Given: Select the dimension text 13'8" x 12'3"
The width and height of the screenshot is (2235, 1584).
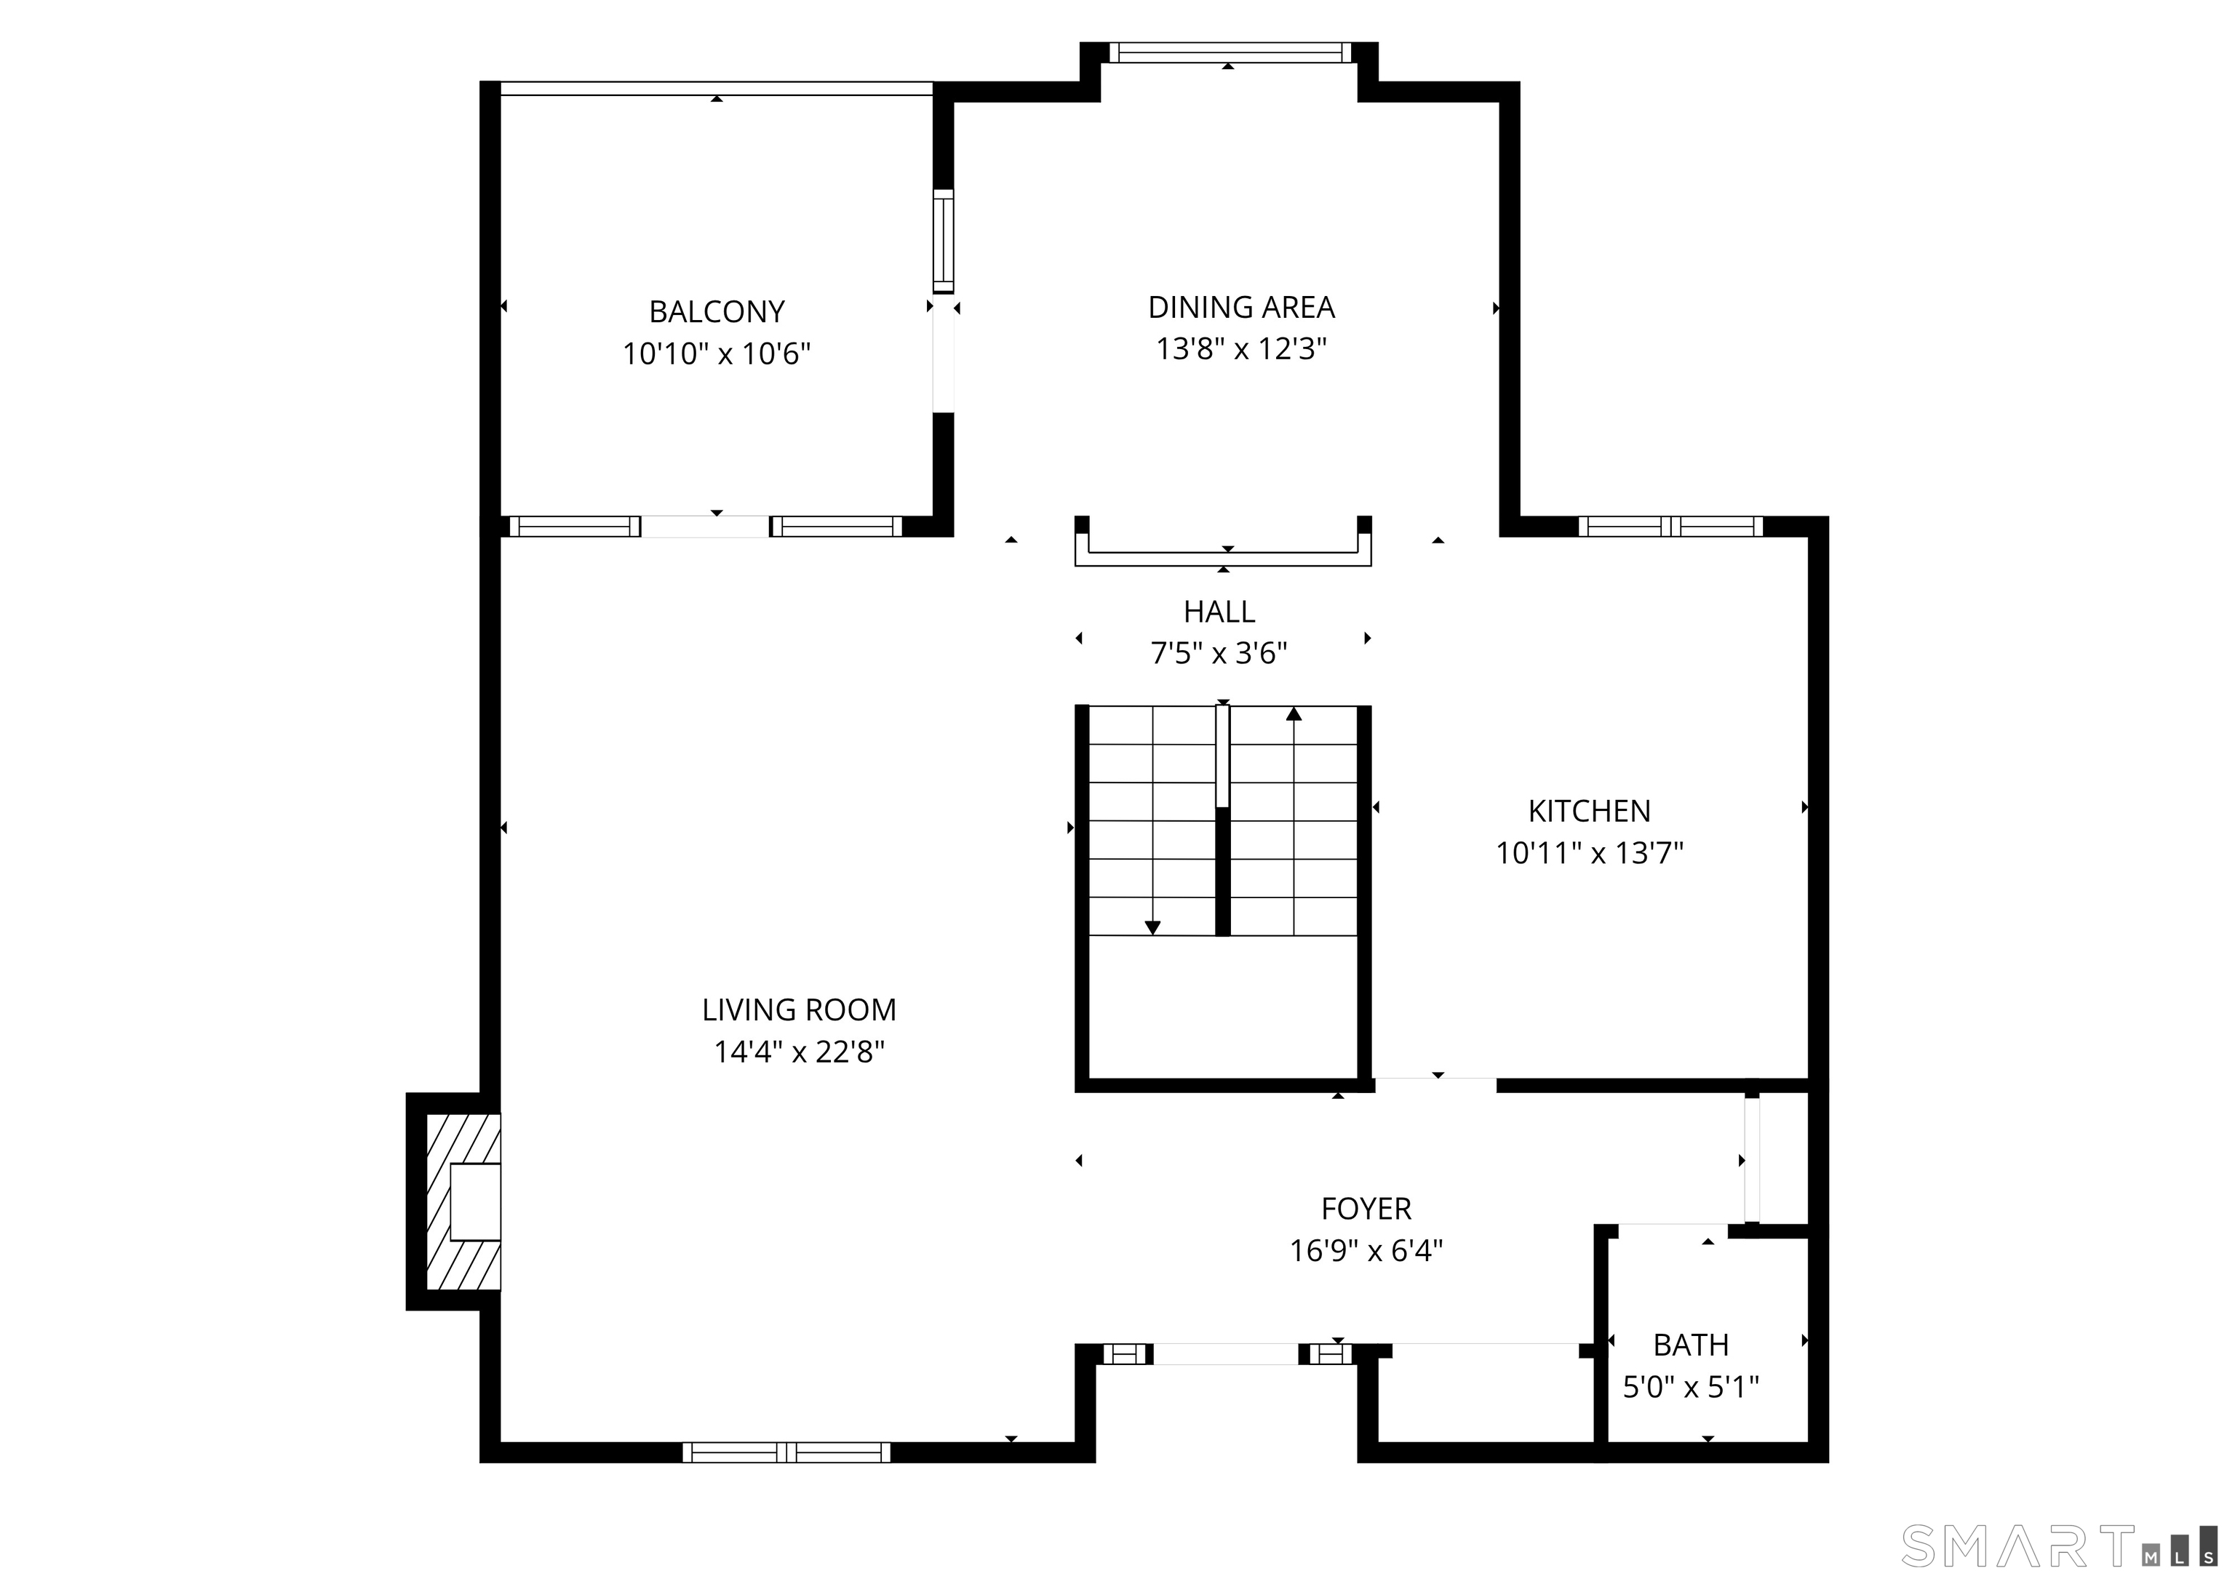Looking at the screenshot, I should coord(1241,349).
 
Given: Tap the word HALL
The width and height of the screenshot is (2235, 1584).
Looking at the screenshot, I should coord(1219,612).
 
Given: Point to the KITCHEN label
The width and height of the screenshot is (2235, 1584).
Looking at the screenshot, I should coord(1588,812).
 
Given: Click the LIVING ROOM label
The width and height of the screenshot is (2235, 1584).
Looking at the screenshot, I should coord(798,1010).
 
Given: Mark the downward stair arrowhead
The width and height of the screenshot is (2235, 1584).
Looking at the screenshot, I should coord(1152,927).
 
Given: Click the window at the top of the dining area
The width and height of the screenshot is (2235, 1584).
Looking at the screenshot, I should coord(1230,52).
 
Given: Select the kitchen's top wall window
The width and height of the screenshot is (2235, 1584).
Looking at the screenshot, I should coord(1670,527).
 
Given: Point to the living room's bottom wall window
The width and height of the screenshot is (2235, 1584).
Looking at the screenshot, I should coord(786,1452).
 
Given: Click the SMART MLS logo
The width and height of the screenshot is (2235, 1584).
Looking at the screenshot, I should coord(2058,1546).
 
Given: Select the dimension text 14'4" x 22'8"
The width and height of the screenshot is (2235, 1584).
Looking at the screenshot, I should coord(798,1052).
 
